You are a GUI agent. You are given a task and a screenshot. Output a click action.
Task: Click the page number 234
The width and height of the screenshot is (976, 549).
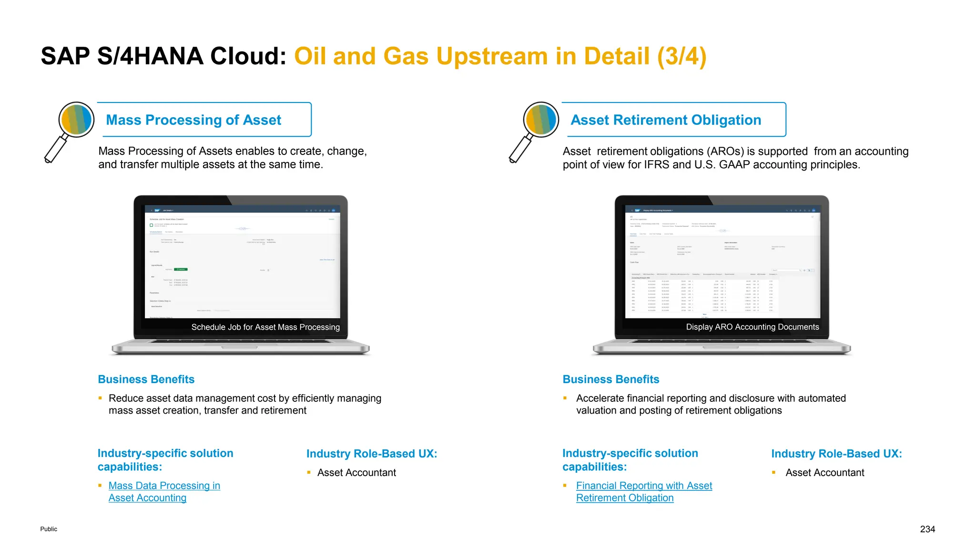tap(927, 529)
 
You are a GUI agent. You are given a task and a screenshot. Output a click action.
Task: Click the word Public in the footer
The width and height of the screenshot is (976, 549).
tap(49, 529)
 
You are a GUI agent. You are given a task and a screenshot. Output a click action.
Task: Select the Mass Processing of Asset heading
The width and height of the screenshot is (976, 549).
tap(193, 120)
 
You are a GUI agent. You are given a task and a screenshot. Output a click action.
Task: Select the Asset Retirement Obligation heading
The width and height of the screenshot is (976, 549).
tap(666, 120)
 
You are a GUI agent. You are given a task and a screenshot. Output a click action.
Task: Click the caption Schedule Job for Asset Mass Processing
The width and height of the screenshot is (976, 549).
tap(265, 327)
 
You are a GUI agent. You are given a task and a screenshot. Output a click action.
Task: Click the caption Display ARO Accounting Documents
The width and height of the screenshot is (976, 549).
tap(752, 327)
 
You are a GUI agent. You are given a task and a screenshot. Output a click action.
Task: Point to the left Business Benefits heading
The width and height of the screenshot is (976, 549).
tap(146, 379)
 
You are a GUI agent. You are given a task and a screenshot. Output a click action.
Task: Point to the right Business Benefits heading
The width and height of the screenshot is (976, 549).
tap(611, 379)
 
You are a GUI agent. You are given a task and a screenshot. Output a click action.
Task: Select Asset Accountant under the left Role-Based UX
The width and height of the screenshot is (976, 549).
tap(356, 473)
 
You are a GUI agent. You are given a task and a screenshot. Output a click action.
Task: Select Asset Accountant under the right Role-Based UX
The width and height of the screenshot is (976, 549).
tap(824, 473)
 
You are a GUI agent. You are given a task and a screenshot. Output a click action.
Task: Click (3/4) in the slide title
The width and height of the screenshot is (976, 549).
tap(681, 56)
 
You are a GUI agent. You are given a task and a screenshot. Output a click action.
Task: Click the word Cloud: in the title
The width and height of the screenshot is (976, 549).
tap(248, 56)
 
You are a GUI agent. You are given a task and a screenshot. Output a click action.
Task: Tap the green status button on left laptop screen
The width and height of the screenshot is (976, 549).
tap(181, 269)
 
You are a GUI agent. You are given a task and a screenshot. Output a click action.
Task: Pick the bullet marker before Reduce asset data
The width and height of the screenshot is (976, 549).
tap(100, 398)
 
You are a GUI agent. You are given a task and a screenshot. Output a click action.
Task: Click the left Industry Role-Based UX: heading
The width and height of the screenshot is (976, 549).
tap(372, 454)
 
